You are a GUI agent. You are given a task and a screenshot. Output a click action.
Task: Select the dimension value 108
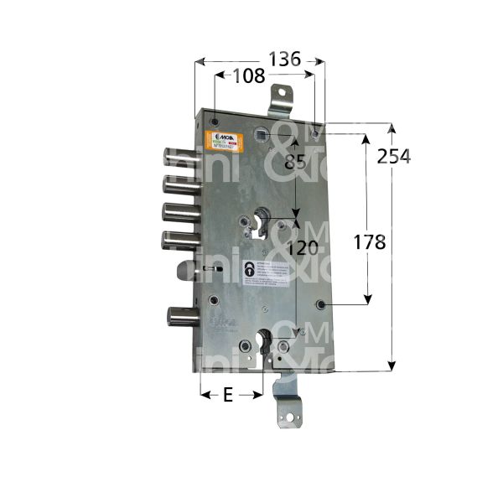[x=248, y=75]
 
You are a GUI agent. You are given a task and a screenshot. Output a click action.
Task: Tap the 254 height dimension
[x=393, y=156]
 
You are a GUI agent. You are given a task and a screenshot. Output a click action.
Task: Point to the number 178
[x=368, y=242]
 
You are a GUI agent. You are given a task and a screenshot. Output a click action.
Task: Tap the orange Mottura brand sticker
[x=228, y=139]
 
